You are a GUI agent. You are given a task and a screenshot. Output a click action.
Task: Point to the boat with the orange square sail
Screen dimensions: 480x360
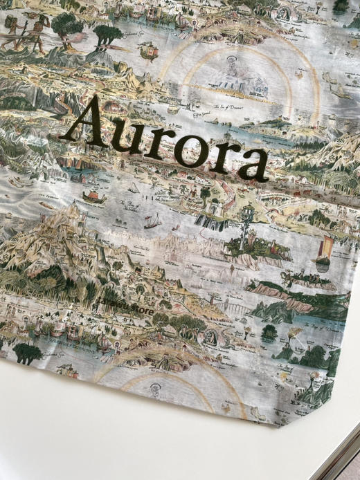click(323, 249)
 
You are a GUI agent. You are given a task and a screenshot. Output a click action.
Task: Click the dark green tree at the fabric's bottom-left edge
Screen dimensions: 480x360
click(28, 353)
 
